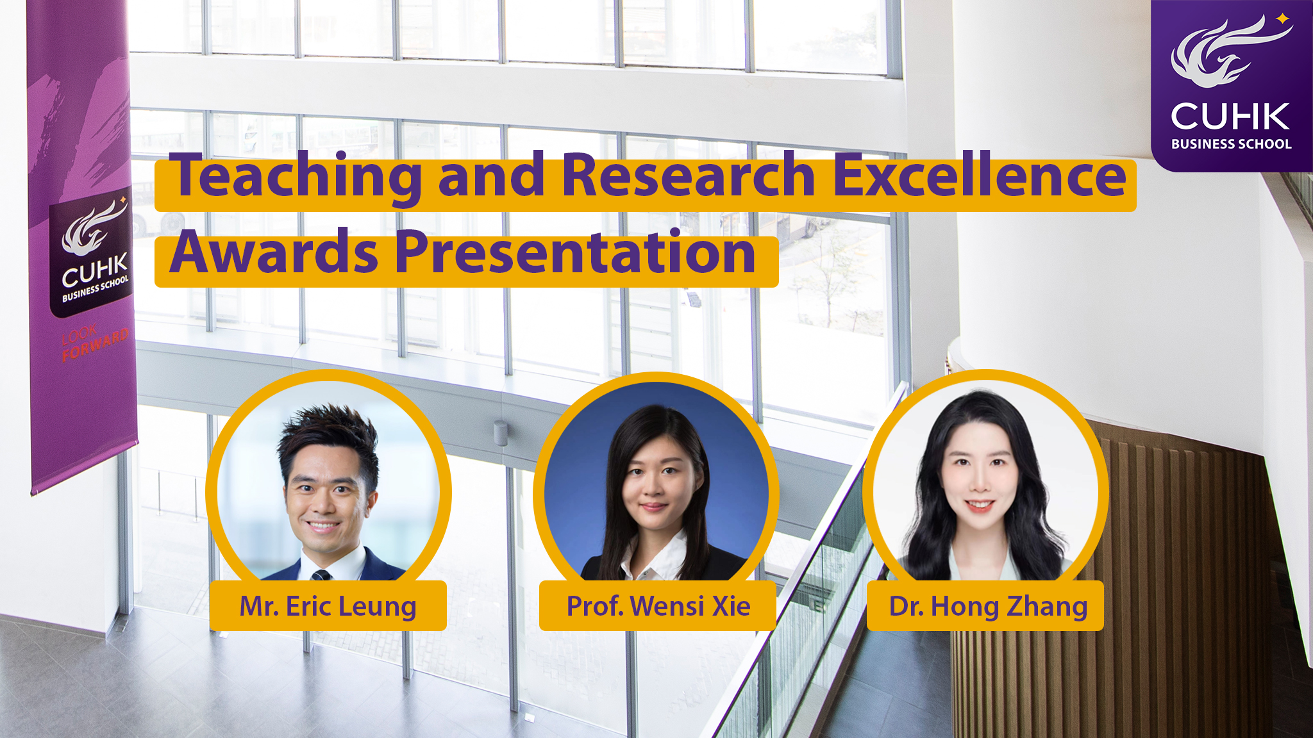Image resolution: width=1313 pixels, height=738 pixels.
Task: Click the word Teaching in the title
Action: pyautogui.click(x=299, y=177)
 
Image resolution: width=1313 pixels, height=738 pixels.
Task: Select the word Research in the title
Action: pyautogui.click(x=689, y=174)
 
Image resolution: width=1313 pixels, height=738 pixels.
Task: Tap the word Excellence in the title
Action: pyautogui.click(x=979, y=174)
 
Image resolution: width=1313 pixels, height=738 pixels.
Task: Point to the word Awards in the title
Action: pyautogui.click(x=274, y=251)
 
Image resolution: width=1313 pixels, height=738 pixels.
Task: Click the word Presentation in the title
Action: pyautogui.click(x=575, y=251)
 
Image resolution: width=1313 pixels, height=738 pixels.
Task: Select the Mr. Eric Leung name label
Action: pyautogui.click(x=328, y=606)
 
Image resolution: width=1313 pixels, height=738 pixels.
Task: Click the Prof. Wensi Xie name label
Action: pyautogui.click(x=658, y=606)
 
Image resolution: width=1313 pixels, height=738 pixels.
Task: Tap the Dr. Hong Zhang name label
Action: pyautogui.click(x=985, y=606)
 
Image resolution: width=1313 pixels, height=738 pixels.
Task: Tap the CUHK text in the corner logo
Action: pyautogui.click(x=1230, y=117)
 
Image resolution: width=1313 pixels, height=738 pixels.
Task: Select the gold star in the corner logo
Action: pyautogui.click(x=1283, y=19)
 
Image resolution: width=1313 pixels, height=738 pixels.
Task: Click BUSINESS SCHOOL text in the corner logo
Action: pyautogui.click(x=1231, y=144)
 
